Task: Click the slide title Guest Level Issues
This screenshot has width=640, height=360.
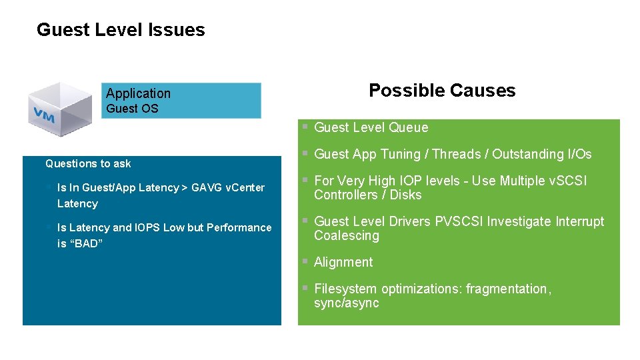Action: click(121, 30)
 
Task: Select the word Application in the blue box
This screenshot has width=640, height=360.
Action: click(138, 93)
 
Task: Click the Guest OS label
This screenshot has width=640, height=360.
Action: click(132, 109)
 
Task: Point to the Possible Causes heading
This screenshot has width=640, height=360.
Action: click(442, 91)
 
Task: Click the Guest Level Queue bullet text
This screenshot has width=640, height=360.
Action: click(371, 127)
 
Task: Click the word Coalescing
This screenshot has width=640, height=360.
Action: click(346, 236)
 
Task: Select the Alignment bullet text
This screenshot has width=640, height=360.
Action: click(343, 262)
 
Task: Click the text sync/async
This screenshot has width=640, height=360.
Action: click(346, 303)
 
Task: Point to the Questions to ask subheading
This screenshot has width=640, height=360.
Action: click(88, 163)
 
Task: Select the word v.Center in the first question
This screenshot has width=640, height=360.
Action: click(245, 187)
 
